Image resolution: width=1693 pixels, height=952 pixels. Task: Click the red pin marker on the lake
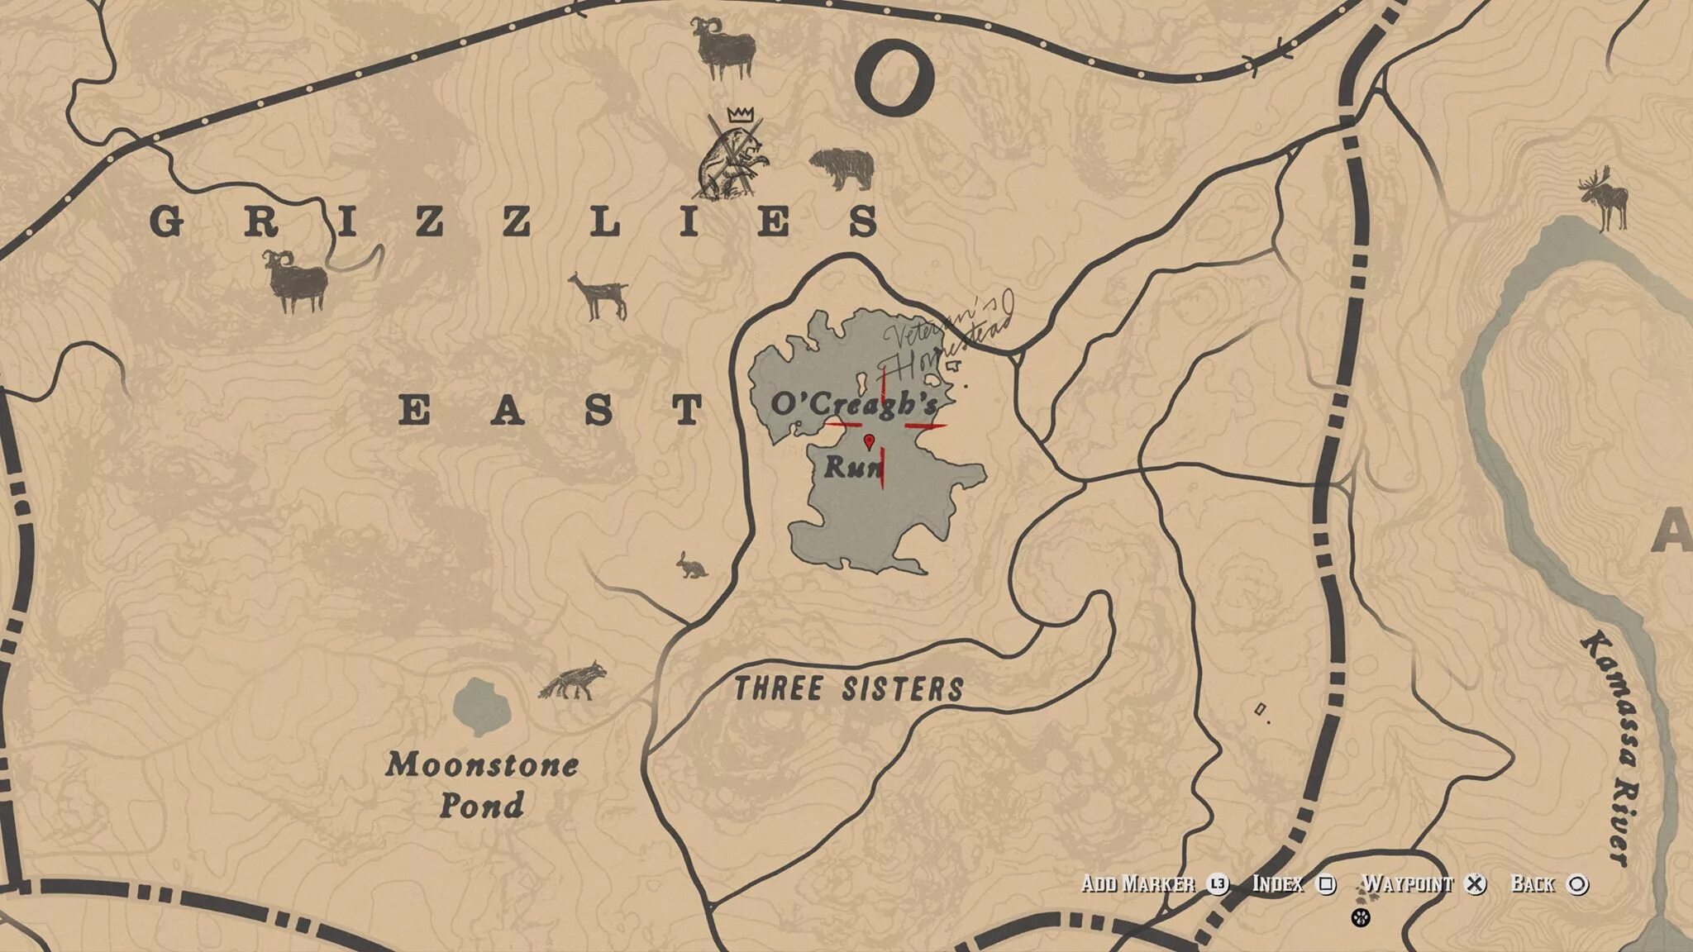pos(869,441)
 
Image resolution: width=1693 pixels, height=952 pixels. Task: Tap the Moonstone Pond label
pos(482,784)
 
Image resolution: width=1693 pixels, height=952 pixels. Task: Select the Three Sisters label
pos(849,688)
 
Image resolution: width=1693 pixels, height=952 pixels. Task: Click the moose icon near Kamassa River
pos(1604,198)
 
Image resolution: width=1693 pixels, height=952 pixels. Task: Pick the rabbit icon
pos(691,565)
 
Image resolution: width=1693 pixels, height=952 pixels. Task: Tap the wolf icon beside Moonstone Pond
pos(573,681)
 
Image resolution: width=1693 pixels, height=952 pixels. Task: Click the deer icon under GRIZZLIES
pos(599,296)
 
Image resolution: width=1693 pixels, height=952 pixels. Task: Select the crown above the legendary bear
pos(742,114)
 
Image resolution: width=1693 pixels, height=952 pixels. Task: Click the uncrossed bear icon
pos(842,168)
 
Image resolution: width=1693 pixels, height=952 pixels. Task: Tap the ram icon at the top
pos(723,48)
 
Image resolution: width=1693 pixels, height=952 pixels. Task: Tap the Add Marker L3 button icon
pos(1218,884)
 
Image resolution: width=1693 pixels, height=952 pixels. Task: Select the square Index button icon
pos(1326,884)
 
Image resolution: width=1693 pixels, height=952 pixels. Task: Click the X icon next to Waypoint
pos(1475,884)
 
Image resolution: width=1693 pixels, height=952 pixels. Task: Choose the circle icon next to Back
pos(1577,884)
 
